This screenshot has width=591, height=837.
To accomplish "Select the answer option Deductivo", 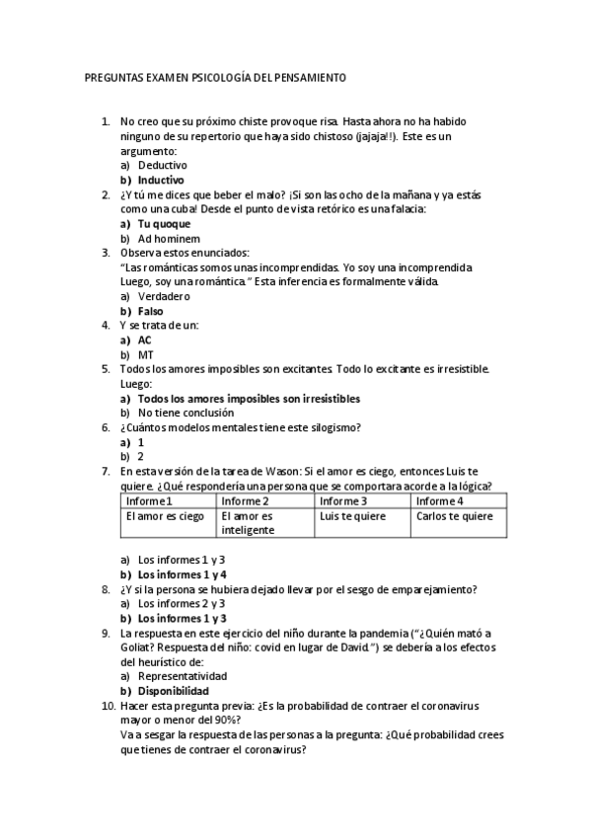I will click(x=162, y=166).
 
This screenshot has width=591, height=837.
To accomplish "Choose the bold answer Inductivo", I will click(x=161, y=181).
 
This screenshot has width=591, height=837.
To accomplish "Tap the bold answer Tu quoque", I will click(x=164, y=224).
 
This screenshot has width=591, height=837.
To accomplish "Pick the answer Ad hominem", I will click(x=169, y=239).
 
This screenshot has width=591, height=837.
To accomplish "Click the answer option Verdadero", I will click(x=164, y=296).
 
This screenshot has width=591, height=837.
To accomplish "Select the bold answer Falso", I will click(x=151, y=311).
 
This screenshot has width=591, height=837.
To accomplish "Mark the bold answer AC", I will click(x=145, y=340).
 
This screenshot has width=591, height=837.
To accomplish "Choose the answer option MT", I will click(x=145, y=354).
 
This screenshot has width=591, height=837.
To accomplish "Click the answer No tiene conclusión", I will click(x=185, y=413).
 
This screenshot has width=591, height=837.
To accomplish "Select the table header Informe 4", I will click(x=440, y=501).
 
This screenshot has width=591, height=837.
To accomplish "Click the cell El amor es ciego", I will click(x=165, y=516).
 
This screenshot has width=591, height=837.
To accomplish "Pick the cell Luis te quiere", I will click(x=353, y=516).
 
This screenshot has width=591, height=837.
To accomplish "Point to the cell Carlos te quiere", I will click(x=454, y=516).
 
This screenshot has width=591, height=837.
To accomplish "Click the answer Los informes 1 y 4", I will click(x=183, y=574).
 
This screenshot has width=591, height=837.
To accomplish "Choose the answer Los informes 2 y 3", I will click(x=182, y=603).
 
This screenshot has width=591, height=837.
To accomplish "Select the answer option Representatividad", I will click(x=183, y=676).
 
